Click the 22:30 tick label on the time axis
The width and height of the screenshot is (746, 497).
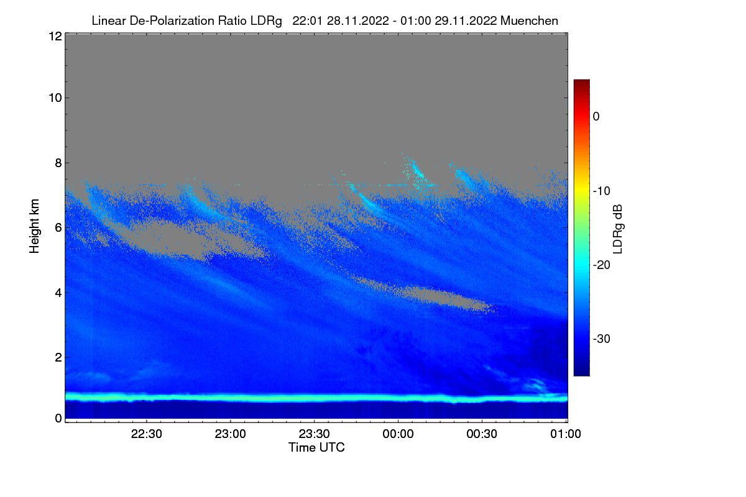pos(147,435)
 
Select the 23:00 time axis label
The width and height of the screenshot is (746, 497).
pos(231,435)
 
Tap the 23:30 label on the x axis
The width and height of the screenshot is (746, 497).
pos(315,435)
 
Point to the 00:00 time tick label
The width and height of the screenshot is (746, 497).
pos(398,435)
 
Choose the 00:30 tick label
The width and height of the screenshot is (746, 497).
pos(482,435)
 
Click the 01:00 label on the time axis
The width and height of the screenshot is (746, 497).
pos(565,435)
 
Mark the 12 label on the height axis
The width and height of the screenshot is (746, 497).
pos(54,37)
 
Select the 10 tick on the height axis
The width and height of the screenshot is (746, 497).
pos(54,98)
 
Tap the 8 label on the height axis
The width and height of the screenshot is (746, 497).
pos(57,163)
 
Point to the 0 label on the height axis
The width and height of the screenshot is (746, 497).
pos(57,418)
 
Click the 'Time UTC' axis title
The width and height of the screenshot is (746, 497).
pos(316,447)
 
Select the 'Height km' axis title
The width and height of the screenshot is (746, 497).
pos(35,226)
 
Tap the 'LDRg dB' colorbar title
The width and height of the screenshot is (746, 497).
pos(617,227)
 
